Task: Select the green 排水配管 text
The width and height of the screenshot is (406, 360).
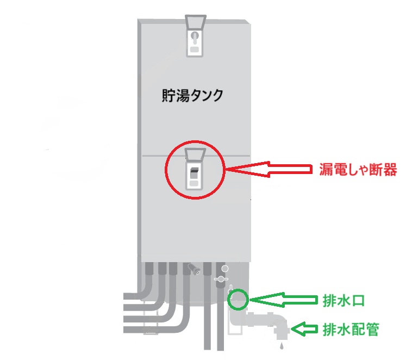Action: pos(348,328)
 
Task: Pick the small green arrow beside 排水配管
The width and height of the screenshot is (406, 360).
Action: pos(302,328)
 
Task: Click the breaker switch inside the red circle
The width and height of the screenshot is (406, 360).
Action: pos(194,173)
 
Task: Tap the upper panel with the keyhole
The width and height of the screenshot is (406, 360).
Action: pos(195,44)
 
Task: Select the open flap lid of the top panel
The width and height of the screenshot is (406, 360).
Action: pos(195,22)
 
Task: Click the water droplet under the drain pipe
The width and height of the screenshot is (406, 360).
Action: pos(281,345)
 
